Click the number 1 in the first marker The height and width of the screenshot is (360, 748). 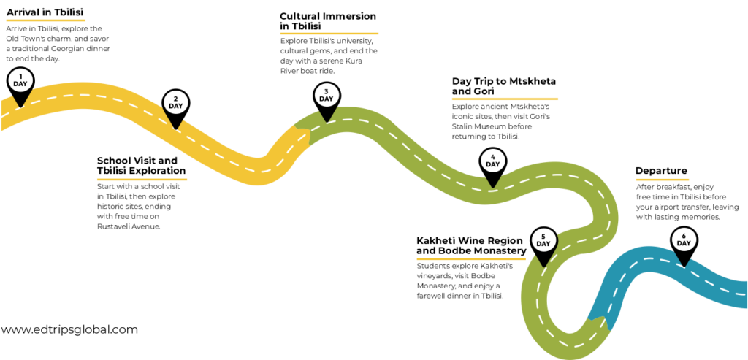tap(20, 76)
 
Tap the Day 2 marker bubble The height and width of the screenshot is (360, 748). tap(175, 102)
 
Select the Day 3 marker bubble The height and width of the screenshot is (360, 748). tap(327, 95)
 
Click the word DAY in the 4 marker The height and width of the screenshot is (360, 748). tap(492, 164)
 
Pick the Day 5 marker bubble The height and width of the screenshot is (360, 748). tap(543, 240)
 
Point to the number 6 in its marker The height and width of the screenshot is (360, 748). tap(684, 236)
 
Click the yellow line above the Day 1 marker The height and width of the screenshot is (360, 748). tap(46, 20)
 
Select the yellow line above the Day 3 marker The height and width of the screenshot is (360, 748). tap(329, 34)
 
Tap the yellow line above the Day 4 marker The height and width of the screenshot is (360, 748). tap(505, 99)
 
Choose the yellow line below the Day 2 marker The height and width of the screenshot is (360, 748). tap(142, 179)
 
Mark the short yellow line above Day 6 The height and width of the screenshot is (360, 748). tap(662, 180)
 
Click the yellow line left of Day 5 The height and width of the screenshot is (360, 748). tap(471, 258)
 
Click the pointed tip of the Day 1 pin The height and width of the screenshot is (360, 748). tap(20, 106)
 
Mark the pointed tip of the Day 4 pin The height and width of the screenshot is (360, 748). tap(492, 187)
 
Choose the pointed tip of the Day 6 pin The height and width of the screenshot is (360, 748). tap(684, 266)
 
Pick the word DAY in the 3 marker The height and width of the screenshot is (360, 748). tap(327, 99)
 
